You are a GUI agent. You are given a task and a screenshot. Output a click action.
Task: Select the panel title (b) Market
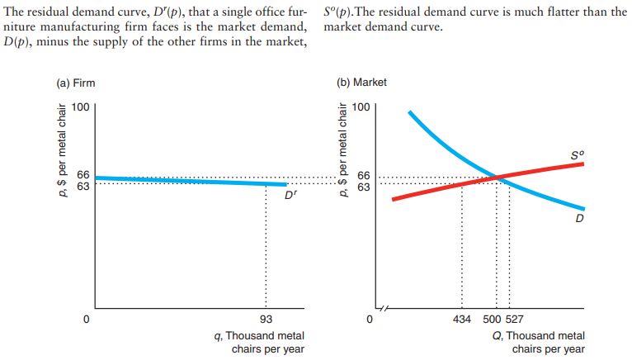tap(362, 83)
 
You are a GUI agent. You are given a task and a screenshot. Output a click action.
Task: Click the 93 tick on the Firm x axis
tap(266, 319)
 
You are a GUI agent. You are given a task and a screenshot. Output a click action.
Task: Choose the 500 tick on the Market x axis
tap(491, 319)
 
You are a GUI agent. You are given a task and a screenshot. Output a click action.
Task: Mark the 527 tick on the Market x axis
tap(513, 319)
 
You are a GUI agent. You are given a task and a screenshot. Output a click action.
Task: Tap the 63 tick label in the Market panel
tap(364, 186)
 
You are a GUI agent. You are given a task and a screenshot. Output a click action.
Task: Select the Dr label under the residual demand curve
tap(290, 196)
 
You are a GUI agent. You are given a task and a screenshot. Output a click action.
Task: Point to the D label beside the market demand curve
tap(580, 219)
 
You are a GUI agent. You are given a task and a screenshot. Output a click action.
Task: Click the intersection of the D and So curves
tap(497, 177)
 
